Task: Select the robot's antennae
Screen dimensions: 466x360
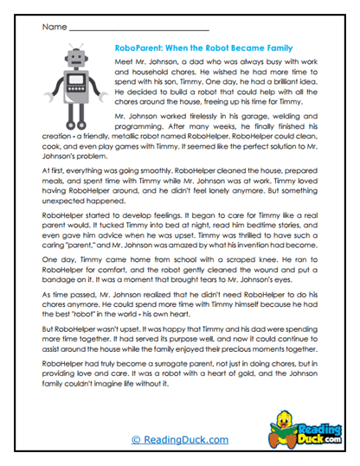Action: point(74,45)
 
